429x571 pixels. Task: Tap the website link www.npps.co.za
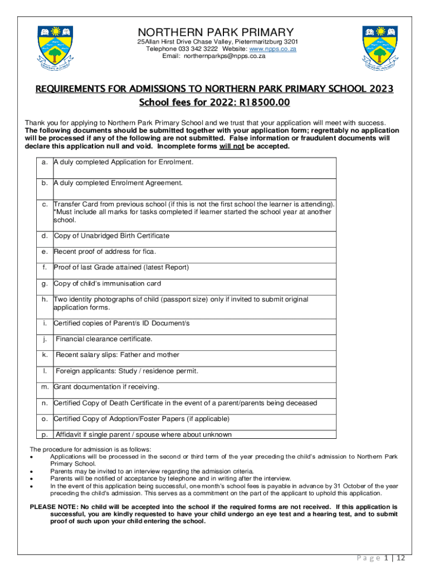click(x=276, y=49)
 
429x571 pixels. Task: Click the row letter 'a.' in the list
click(x=45, y=162)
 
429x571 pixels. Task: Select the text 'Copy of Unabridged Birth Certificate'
click(x=111, y=236)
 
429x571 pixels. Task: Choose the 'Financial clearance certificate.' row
click(x=104, y=339)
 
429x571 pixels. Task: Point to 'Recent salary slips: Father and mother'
click(x=118, y=355)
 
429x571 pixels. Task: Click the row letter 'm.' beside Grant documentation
click(x=45, y=387)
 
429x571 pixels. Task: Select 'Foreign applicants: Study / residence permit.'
click(x=127, y=371)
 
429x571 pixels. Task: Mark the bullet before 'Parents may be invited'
click(x=33, y=471)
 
